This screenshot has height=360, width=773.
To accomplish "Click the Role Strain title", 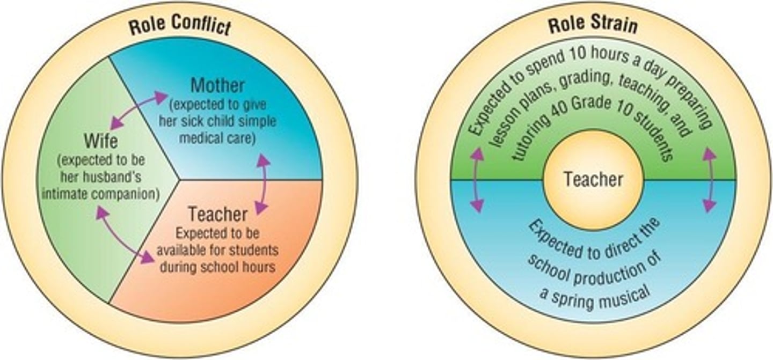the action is coord(593,25).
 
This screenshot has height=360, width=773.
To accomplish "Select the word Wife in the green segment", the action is coord(100,142).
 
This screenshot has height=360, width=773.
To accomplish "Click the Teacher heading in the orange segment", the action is coord(218,214).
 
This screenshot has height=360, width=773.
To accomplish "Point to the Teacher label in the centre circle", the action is coord(593,179).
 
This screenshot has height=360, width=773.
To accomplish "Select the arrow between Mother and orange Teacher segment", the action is coord(262,184).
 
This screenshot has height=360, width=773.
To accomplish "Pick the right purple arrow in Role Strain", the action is coord(710,180).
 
